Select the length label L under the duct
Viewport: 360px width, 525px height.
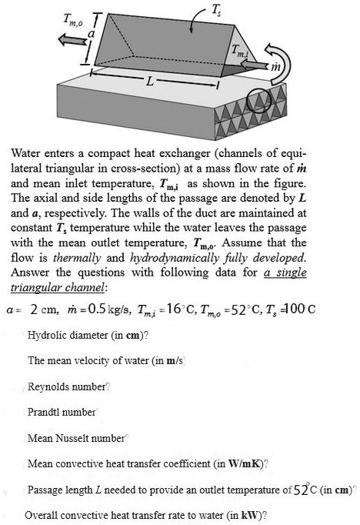[x=152, y=81]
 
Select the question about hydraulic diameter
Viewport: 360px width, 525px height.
[x=88, y=335]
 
